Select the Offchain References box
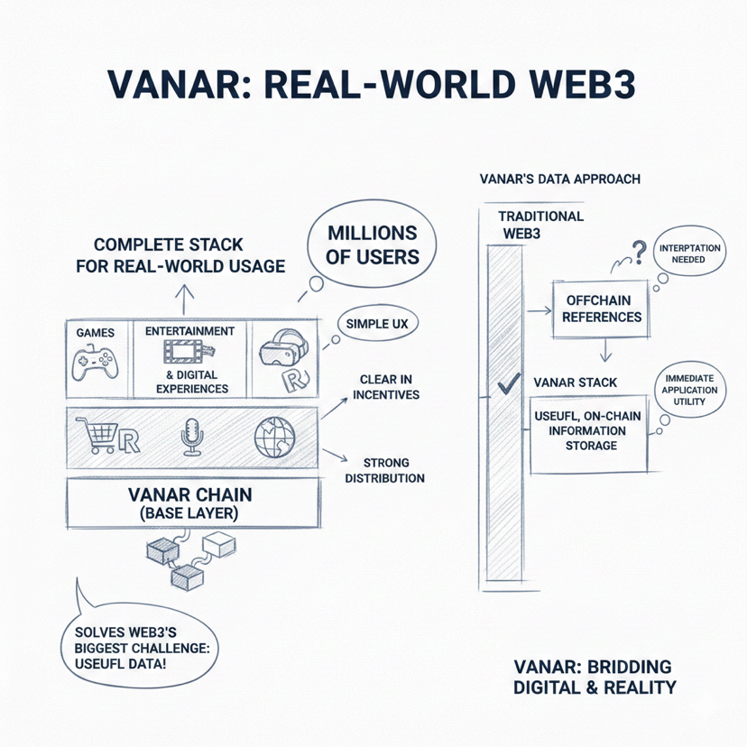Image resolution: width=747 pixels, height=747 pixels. coord(601,308)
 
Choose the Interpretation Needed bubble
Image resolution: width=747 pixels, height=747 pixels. coord(689,253)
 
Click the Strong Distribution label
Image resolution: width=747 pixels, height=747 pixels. coord(385,471)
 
